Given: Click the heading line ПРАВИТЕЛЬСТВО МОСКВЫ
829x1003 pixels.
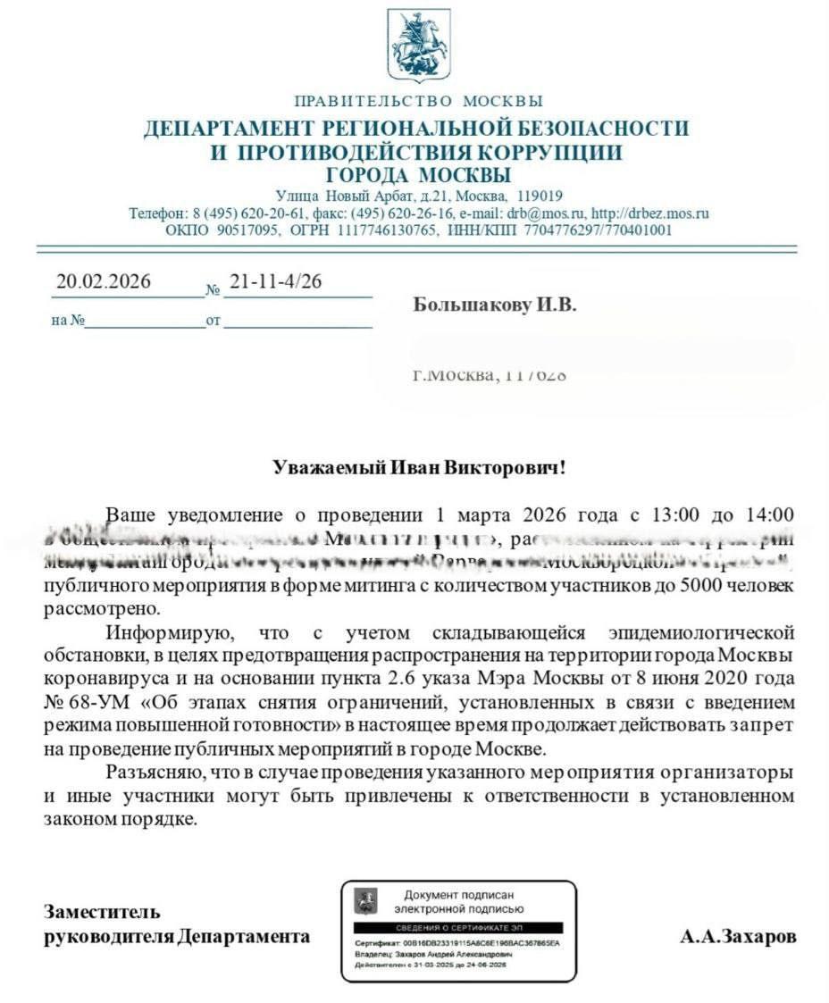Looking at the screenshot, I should click(x=418, y=101).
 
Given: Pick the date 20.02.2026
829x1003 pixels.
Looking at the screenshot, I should click(x=104, y=282).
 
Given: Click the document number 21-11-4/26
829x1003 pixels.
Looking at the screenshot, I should click(x=275, y=282).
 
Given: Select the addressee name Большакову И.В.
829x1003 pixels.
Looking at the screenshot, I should click(x=495, y=305).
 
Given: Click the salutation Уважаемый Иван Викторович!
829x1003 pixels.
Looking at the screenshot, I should click(x=419, y=467).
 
